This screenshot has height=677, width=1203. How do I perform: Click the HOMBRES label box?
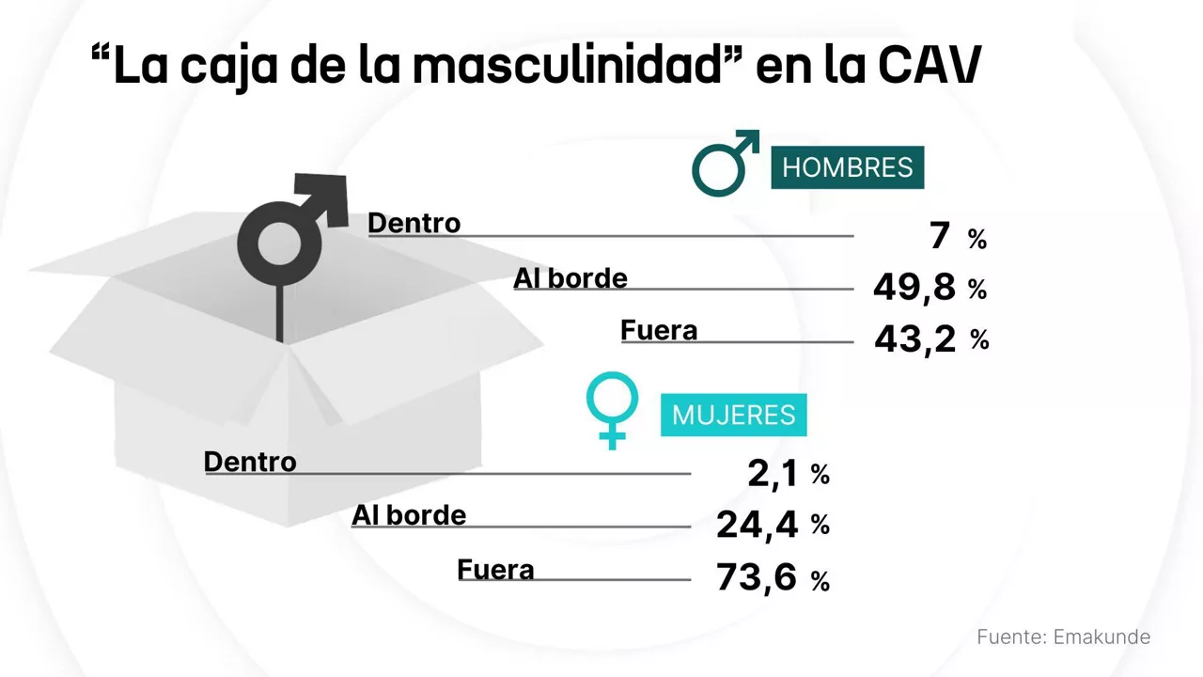click(847, 167)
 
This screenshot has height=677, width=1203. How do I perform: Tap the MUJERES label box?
click(733, 415)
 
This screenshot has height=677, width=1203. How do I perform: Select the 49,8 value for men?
click(914, 288)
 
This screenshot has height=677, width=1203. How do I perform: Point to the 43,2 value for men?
click(914, 338)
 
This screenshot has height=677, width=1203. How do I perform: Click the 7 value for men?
click(940, 237)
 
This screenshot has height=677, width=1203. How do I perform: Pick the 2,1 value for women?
click(773, 474)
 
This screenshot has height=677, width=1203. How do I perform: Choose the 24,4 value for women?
click(757, 525)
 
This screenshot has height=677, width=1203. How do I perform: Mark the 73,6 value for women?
click(757, 578)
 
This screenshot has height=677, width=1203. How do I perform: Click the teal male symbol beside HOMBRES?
click(724, 163)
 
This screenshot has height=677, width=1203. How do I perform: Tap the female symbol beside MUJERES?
click(613, 410)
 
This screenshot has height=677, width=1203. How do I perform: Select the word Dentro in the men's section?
click(414, 223)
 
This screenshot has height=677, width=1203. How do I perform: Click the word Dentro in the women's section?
click(250, 462)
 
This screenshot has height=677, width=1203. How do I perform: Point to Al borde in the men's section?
click(570, 278)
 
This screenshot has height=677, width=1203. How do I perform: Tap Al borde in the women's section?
click(409, 514)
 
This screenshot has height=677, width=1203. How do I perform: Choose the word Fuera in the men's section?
click(659, 330)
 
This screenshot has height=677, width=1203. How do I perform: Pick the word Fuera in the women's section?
click(495, 569)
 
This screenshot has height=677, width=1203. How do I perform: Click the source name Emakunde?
click(1101, 637)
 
